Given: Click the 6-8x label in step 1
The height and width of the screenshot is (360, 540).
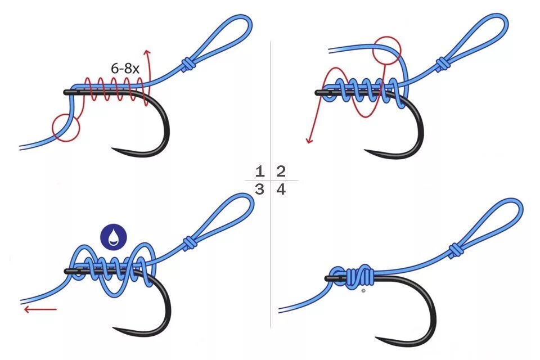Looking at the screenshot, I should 125,70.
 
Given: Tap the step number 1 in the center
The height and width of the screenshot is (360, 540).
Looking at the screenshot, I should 259,172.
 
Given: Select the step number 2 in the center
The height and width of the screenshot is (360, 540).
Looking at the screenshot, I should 281,172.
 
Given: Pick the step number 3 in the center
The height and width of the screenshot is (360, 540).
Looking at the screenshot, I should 259,190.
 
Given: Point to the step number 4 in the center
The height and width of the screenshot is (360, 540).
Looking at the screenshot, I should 281,190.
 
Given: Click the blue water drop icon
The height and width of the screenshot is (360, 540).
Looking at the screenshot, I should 114,237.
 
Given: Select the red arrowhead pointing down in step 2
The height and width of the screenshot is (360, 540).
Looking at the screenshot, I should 309,139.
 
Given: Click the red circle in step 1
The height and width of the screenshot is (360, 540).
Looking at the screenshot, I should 66,127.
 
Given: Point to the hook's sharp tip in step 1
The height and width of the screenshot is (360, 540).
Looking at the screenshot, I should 113,150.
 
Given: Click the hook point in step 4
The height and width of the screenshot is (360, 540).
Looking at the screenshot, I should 378,339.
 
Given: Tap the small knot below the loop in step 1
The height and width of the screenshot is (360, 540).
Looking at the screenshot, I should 187,64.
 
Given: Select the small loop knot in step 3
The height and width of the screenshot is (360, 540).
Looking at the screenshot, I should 190,242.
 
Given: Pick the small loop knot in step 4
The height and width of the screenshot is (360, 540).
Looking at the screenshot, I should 455,250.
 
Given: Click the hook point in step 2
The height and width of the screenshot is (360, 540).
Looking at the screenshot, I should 366,151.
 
